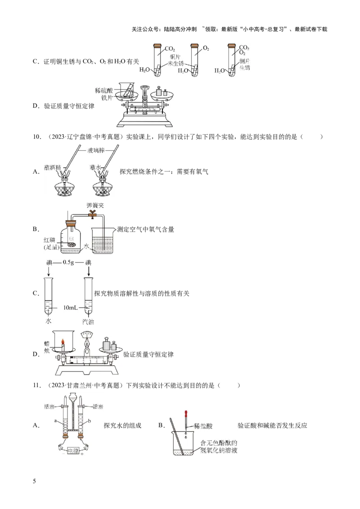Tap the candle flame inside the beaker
point(63,341)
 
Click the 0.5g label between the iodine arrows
point(69,263)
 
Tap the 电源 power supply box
point(73,451)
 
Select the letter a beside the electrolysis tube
point(56,421)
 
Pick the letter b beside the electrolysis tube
point(90,421)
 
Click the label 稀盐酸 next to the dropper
point(203,425)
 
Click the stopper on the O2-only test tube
point(194,45)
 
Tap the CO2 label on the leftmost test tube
point(170,49)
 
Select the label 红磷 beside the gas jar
point(49,239)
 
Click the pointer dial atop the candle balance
point(87,334)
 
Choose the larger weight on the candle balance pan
point(106,344)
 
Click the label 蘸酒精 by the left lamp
point(53,167)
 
